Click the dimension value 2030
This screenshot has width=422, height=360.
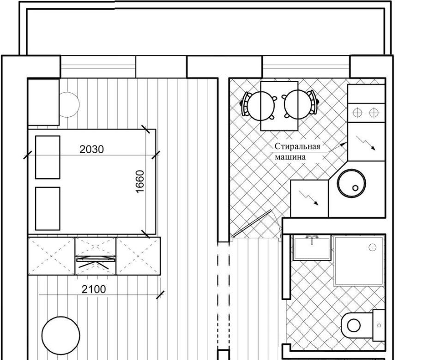tap(91, 150)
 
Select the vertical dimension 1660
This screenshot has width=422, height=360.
tap(140, 181)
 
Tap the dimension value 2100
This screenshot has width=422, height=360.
tap(94, 289)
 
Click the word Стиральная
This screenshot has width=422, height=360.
tap(297, 146)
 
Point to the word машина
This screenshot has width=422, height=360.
tap(290, 157)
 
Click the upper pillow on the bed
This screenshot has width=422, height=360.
tap(48, 157)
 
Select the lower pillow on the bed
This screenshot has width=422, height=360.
tap(48, 209)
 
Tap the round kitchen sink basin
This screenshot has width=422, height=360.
tap(352, 183)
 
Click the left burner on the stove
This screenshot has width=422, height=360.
tap(357, 113)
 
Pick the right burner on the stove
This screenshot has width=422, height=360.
tap(374, 113)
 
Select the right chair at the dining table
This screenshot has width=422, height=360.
tap(300, 104)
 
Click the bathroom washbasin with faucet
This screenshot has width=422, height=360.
tap(312, 247)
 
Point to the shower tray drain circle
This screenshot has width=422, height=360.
tap(372, 247)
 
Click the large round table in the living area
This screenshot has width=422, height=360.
tap(61, 336)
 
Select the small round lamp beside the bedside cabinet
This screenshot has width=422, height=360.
tap(69, 104)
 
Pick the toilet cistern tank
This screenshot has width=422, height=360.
tap(379, 325)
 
